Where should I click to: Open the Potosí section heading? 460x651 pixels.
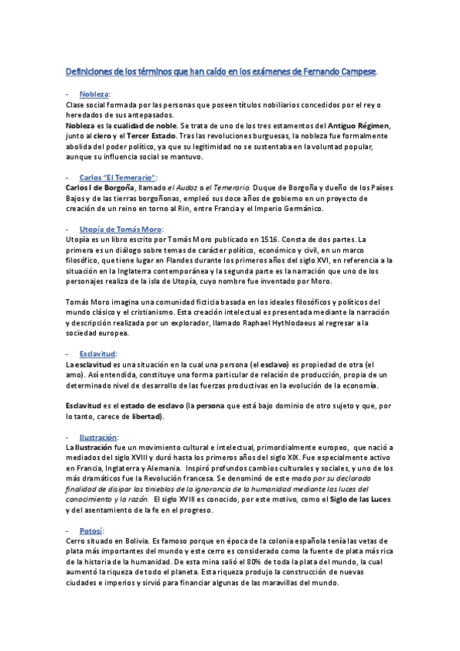(x=91, y=530)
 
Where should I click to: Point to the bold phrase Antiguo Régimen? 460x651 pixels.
(x=359, y=125)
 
